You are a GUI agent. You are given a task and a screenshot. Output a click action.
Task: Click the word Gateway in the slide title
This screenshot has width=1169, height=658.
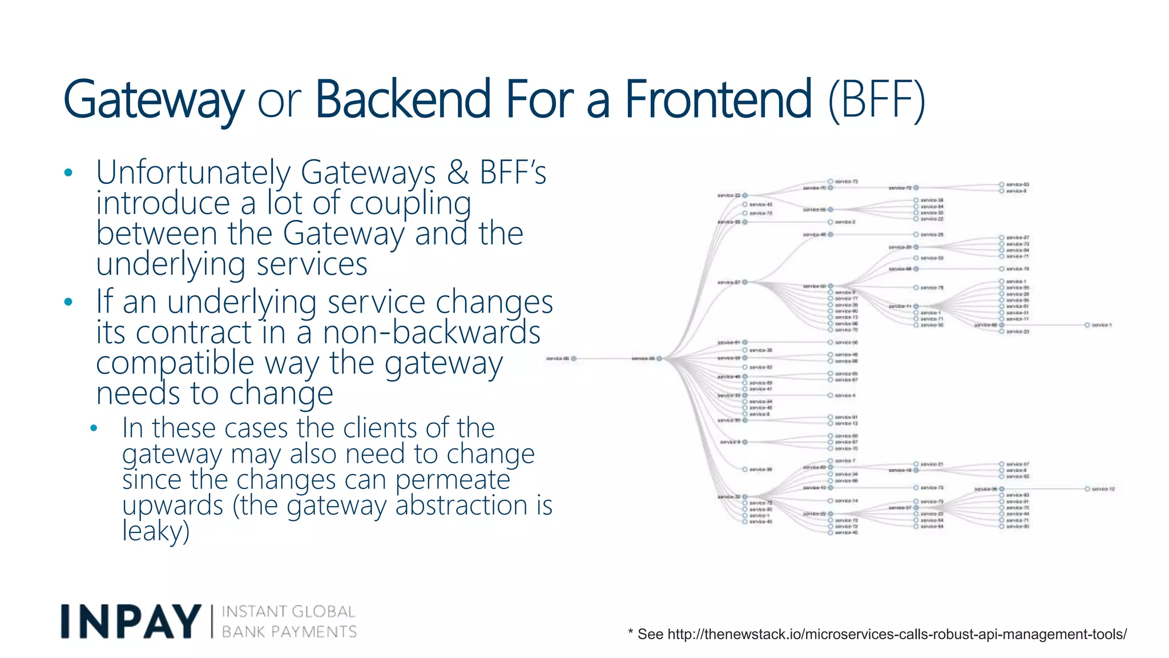click(x=153, y=101)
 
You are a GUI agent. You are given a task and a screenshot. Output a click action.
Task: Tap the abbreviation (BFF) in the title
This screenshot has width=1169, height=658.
click(x=876, y=101)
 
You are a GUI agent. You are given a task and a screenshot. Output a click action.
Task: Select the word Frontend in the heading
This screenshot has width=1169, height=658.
click(x=717, y=99)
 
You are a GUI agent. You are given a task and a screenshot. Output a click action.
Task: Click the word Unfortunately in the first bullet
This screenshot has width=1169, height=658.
click(x=193, y=172)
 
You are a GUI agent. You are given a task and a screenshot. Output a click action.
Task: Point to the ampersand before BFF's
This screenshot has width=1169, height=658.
click(x=458, y=172)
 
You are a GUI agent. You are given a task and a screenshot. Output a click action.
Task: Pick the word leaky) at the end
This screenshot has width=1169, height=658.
click(x=155, y=531)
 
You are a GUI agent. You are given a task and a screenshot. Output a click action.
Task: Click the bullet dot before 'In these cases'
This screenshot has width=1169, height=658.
click(x=94, y=428)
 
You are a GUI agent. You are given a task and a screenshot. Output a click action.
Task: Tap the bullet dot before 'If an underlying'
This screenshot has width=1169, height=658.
click(x=68, y=302)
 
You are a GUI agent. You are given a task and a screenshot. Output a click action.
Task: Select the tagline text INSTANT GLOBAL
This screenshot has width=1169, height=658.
click(x=288, y=612)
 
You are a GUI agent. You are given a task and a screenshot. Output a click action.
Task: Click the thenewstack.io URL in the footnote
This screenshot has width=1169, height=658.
click(x=896, y=634)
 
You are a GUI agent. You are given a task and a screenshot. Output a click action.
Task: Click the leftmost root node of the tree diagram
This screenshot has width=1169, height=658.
click(x=574, y=359)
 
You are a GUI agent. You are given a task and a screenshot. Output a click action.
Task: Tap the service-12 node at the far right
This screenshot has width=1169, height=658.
click(x=1087, y=489)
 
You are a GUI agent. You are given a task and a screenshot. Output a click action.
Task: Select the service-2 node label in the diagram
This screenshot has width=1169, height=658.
click(x=844, y=222)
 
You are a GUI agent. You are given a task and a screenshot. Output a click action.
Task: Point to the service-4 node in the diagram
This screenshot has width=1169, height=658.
click(x=844, y=395)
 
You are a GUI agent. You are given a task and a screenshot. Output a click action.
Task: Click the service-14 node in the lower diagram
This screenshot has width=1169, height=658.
click(x=845, y=501)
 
